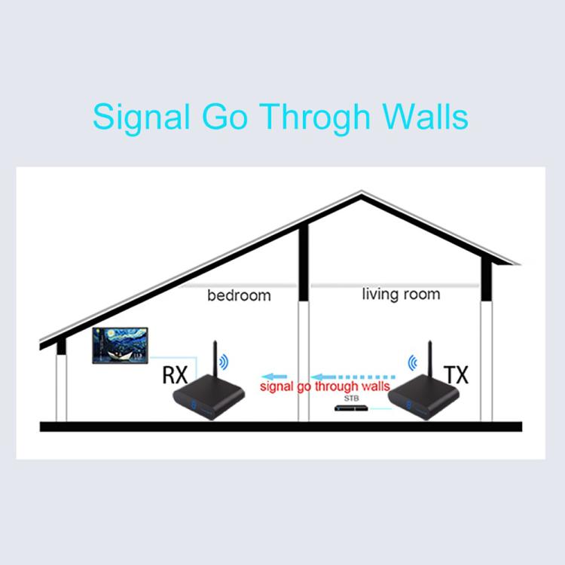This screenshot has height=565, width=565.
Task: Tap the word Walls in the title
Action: [425, 116]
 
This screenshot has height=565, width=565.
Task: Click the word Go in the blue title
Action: [224, 116]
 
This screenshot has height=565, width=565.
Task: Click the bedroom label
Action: [240, 295]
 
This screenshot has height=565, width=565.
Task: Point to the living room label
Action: [401, 295]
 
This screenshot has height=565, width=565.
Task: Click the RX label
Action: [175, 374]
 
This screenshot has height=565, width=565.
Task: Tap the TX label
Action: [456, 374]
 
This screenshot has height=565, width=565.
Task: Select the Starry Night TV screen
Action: [120, 346]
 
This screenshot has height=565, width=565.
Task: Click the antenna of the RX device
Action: [215, 359]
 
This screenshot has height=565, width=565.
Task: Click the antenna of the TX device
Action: [430, 359]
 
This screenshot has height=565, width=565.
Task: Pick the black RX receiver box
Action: [209, 397]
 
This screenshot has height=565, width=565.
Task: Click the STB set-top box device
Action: [351, 408]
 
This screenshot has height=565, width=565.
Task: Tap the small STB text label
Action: [351, 399]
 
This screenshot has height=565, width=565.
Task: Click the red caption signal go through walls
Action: [325, 386]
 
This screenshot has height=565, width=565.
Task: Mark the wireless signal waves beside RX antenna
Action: [224, 362]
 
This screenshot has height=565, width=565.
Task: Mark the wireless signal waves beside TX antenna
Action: [413, 362]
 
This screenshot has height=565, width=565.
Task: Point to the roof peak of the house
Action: [362, 192]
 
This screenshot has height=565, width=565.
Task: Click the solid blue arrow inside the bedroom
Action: [274, 377]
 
